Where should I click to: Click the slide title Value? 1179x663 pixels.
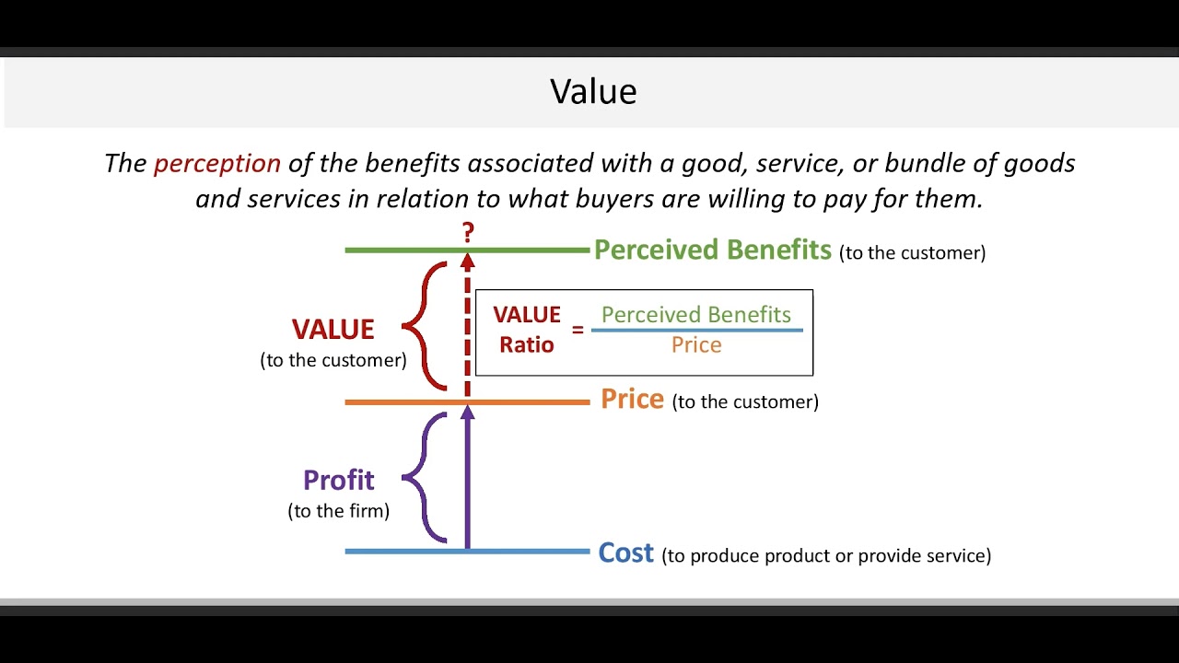coord(593,91)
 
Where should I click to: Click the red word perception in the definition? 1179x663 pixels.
coord(216,164)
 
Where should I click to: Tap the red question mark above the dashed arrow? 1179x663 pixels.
coord(468,232)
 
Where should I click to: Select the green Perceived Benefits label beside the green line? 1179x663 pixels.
coord(712,250)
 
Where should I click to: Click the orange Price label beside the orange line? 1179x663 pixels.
coord(632,400)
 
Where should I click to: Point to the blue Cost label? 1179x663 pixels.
coord(625,552)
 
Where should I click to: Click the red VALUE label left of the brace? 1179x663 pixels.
coord(333,330)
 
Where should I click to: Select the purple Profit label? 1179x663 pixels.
coord(338,480)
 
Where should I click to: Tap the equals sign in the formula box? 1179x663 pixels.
coord(578,329)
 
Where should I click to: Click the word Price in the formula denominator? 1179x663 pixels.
coord(696,345)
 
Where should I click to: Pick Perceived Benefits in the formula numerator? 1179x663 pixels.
coord(696,315)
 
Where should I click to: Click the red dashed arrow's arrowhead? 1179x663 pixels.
coord(467,262)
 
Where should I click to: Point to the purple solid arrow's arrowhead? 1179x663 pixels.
coord(467,413)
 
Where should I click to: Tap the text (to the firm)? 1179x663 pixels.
coord(338,511)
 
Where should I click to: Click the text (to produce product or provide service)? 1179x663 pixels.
coord(826,555)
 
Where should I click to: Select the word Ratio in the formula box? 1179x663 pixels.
coord(527,345)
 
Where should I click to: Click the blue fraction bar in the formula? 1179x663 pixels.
coord(696,330)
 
